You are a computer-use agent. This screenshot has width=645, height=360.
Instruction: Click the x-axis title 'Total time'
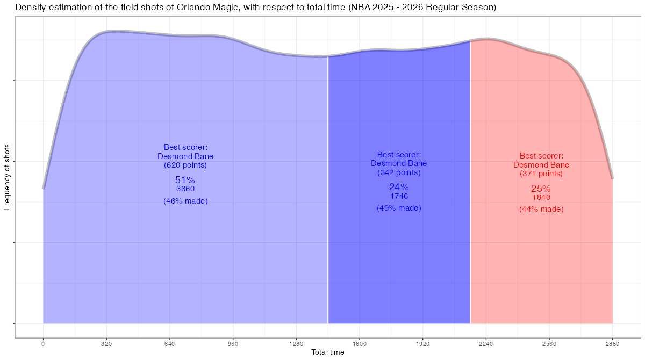[328, 352]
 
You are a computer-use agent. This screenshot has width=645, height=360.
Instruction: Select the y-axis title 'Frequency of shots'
[7, 177]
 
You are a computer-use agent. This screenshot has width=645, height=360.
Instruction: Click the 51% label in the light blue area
[185, 180]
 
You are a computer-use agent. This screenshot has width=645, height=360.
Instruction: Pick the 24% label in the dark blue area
[399, 187]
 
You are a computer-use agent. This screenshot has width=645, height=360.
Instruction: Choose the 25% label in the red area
[541, 189]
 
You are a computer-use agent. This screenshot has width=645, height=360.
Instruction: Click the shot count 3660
[185, 189]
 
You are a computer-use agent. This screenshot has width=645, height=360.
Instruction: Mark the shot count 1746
[399, 196]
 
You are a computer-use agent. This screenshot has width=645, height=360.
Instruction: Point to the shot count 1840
[541, 198]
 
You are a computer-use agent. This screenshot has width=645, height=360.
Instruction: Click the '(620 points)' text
[185, 165]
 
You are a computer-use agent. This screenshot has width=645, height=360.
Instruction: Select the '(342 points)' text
[399, 173]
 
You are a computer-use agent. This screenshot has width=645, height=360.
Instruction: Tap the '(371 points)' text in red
[541, 174]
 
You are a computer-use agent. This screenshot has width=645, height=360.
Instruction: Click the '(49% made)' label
[399, 208]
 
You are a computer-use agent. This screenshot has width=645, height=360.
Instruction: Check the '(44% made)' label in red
[541, 210]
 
